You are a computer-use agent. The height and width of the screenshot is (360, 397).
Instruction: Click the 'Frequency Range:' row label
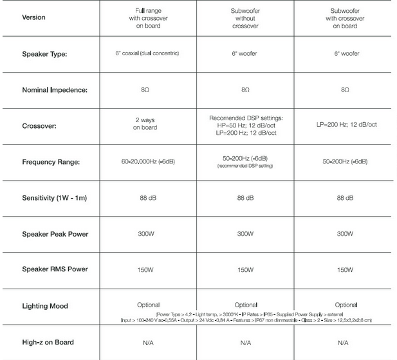[x=51, y=161]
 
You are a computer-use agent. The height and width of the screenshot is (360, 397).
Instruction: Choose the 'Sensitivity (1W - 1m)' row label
[x=54, y=197]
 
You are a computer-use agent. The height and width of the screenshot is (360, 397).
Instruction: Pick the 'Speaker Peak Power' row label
[x=54, y=233]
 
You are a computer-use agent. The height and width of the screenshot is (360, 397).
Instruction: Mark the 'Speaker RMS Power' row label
[x=54, y=269]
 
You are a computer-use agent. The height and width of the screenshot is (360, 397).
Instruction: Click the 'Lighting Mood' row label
[x=45, y=306]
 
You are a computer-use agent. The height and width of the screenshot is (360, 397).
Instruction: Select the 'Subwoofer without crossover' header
[x=245, y=18]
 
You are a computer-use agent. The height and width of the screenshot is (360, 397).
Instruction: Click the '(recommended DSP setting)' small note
[x=245, y=166]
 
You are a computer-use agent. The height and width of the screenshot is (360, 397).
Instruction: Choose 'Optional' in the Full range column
[x=148, y=305]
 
